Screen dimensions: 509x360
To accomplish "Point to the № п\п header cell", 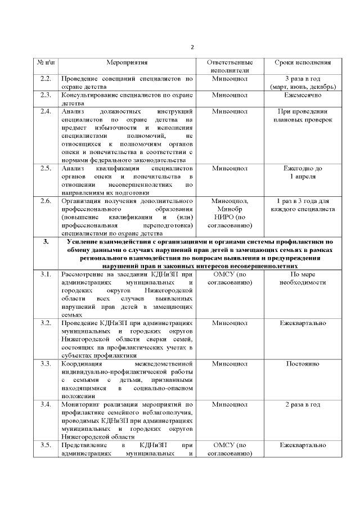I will (x=46, y=62).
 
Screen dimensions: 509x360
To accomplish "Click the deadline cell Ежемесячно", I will (x=303, y=95).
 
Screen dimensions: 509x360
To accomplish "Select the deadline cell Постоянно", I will (x=303, y=364).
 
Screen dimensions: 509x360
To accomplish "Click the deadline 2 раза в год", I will (x=303, y=404).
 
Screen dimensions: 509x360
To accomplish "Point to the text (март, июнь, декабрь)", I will (x=303, y=87).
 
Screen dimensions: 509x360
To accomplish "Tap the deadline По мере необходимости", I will (x=303, y=278).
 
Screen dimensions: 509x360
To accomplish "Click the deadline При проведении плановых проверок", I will (x=303, y=115).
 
